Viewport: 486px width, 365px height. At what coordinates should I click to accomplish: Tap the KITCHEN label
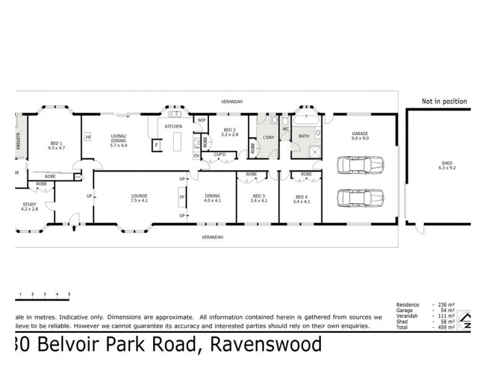click(174, 126)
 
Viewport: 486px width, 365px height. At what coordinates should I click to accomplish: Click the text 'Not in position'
click(445, 102)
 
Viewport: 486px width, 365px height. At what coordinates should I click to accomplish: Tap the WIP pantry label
click(202, 120)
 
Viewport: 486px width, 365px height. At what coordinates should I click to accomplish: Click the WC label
click(285, 130)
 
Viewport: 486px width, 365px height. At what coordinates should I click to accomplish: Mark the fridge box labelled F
click(157, 146)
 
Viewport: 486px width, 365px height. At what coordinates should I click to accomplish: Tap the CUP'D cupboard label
click(219, 155)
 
